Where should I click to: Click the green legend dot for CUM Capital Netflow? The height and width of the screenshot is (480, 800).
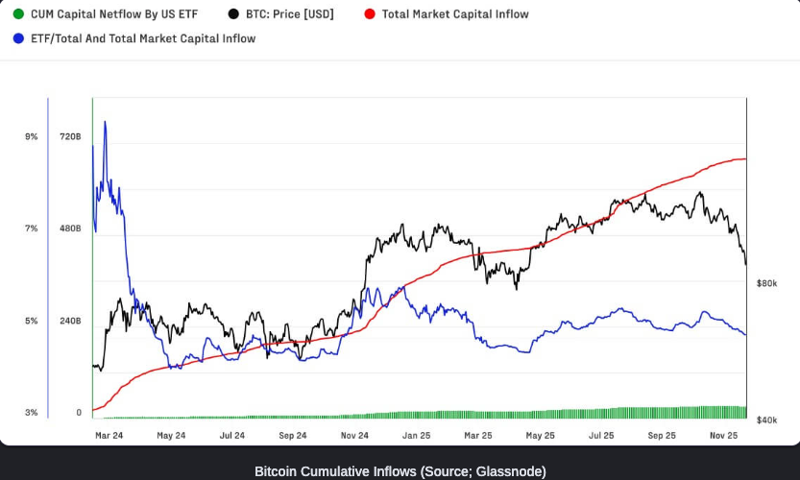pyautogui.click(x=18, y=14)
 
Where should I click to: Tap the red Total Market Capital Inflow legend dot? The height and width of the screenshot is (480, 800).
pyautogui.click(x=370, y=14)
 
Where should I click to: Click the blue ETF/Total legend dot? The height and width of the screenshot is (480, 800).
pyautogui.click(x=18, y=38)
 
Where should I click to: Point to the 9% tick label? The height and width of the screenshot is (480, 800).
pyautogui.click(x=32, y=137)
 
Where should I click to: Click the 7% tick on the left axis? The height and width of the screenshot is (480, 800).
pyautogui.click(x=32, y=228)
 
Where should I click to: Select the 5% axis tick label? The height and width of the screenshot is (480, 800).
pyautogui.click(x=32, y=321)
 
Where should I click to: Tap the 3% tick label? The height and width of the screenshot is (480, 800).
pyautogui.click(x=32, y=413)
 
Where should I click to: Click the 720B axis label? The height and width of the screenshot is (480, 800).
pyautogui.click(x=70, y=137)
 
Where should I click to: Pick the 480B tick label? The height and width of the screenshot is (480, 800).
pyautogui.click(x=70, y=228)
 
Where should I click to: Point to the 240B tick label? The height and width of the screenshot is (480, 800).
pyautogui.click(x=70, y=321)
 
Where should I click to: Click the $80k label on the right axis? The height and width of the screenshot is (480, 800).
pyautogui.click(x=766, y=283)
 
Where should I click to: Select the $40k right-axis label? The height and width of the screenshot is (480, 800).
pyautogui.click(x=766, y=420)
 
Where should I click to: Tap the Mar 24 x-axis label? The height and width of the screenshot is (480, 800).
pyautogui.click(x=109, y=435)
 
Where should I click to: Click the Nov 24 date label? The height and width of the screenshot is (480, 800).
pyautogui.click(x=354, y=435)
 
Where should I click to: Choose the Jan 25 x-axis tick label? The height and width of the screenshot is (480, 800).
pyautogui.click(x=416, y=435)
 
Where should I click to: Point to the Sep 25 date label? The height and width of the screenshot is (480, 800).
pyautogui.click(x=663, y=435)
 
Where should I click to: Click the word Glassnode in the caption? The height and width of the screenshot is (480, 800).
pyautogui.click(x=514, y=471)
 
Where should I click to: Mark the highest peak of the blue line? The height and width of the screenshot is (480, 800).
pyautogui.click(x=105, y=122)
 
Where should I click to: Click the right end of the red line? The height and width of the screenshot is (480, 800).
pyautogui.click(x=745, y=159)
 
